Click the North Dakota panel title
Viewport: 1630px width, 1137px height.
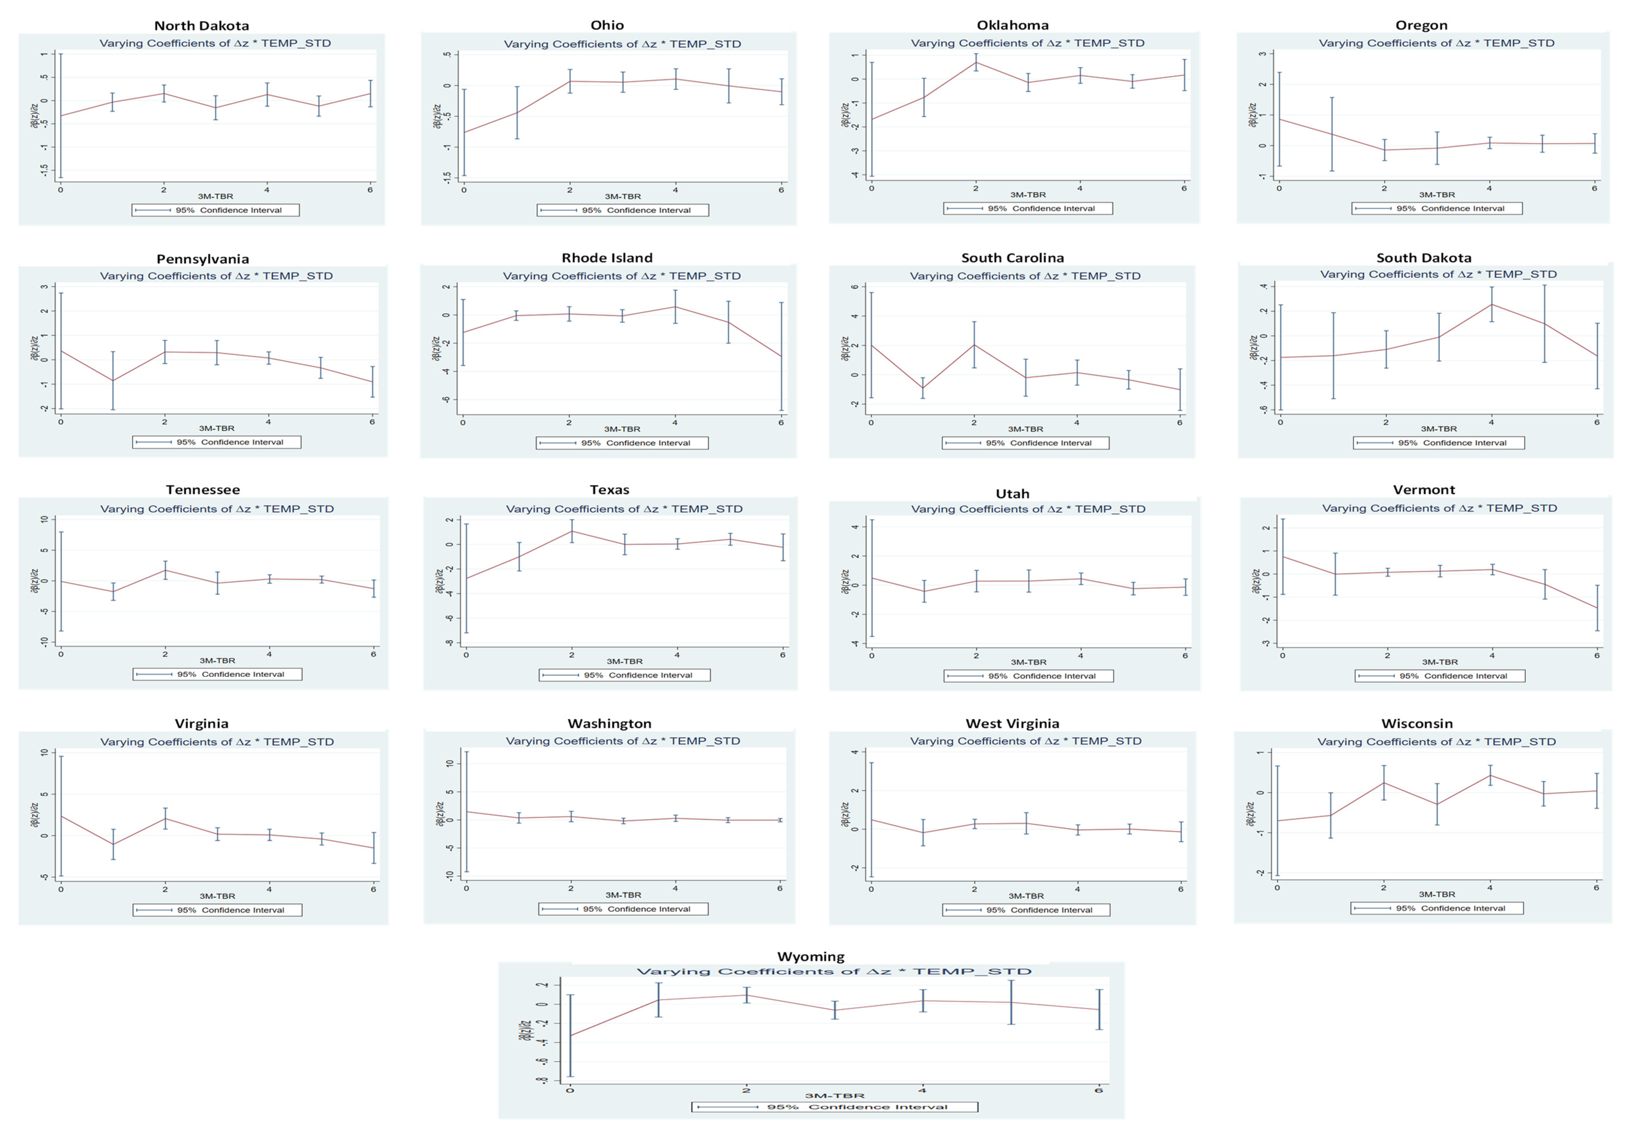202,26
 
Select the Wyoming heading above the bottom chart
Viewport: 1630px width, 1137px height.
811,957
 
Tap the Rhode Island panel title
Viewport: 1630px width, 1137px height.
607,258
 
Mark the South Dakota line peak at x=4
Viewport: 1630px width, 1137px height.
1492,304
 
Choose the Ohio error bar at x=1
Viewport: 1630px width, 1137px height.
517,112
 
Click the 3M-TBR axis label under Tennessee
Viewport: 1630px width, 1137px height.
217,660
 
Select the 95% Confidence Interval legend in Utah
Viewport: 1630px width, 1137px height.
1029,676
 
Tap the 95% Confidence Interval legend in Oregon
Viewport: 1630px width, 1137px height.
1437,209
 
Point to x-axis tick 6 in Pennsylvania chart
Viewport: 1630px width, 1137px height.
372,422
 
